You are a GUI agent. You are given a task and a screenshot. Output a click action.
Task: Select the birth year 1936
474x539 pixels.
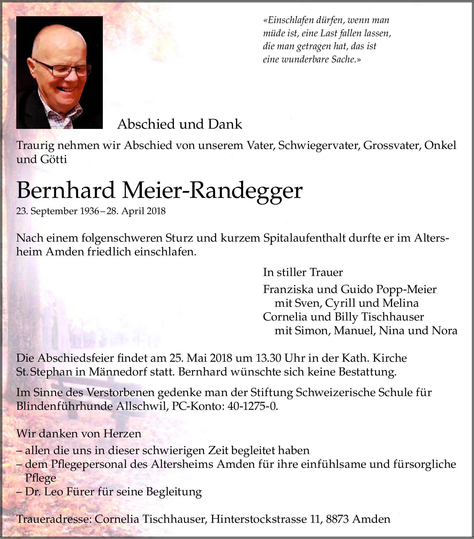[x=90, y=211]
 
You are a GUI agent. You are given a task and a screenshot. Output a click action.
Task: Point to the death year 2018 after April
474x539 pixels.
[x=156, y=211]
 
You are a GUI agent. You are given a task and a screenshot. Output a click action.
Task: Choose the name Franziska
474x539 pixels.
[x=288, y=289]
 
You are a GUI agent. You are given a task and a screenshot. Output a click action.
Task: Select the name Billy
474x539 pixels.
[x=346, y=317]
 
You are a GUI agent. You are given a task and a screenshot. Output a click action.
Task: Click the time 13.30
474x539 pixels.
[x=269, y=358]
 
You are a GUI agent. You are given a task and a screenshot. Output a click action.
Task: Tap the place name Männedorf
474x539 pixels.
[x=118, y=372]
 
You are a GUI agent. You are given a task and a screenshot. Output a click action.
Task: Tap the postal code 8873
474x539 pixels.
[x=338, y=519]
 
